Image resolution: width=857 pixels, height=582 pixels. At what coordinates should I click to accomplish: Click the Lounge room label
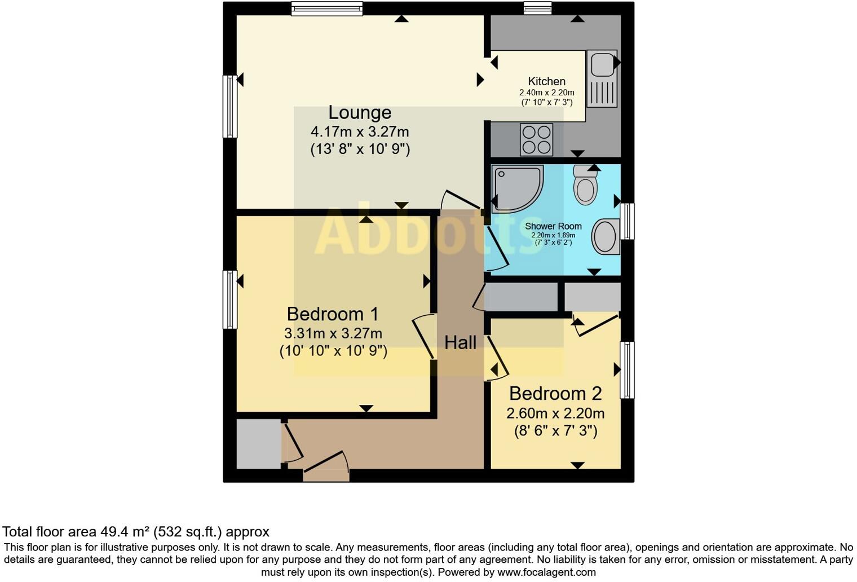tap(360, 113)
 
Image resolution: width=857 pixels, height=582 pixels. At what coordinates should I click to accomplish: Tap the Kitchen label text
tap(546, 81)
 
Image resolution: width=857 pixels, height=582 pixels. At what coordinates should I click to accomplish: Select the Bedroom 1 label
tap(333, 314)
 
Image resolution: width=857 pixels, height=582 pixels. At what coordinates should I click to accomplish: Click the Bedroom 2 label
tap(555, 393)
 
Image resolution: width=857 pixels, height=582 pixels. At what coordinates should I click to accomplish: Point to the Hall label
tap(460, 342)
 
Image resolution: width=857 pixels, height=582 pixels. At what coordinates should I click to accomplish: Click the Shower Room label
tap(553, 226)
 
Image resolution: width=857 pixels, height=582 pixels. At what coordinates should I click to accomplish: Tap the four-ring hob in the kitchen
tap(536, 139)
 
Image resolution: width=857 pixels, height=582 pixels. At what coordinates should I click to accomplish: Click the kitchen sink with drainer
tap(602, 78)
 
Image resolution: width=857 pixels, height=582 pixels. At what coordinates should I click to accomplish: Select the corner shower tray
tap(516, 188)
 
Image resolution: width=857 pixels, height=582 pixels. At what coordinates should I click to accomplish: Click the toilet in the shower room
tap(586, 184)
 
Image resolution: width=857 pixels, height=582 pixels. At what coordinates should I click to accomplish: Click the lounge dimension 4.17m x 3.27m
tap(360, 132)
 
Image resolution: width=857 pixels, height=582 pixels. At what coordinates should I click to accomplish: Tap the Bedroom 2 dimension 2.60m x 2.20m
tap(555, 413)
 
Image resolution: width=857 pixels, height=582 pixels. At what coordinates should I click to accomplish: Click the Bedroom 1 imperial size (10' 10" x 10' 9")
tap(333, 351)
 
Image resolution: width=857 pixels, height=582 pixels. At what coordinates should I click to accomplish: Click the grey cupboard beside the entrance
tap(258, 444)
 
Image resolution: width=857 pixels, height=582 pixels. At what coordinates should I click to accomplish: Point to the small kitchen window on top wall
tap(537, 8)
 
